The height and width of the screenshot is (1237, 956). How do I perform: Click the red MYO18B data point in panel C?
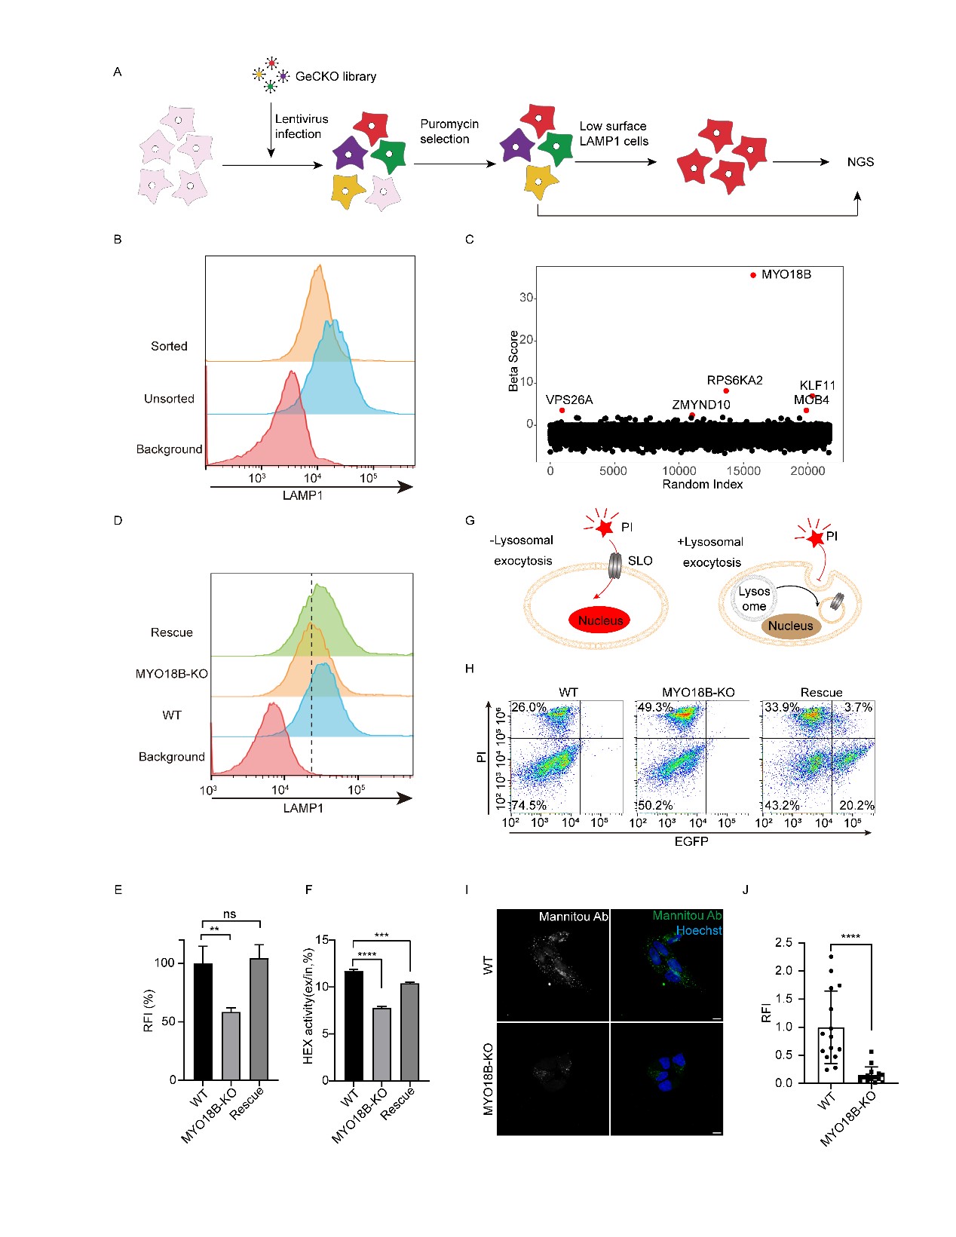753,275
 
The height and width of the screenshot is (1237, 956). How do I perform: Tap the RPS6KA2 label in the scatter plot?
734,380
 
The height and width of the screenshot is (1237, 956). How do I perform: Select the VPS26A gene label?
569,400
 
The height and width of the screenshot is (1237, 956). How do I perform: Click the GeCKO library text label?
336,76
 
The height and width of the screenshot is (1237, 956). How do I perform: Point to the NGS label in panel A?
860,162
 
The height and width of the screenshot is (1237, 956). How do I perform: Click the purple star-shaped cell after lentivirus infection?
350,154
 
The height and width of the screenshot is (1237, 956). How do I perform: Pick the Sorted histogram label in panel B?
169,346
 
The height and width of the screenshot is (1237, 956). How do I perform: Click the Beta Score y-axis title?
514,361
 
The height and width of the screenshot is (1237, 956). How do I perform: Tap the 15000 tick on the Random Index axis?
743,471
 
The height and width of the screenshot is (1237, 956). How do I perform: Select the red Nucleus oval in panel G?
601,620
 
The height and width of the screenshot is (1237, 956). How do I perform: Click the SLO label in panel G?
640,560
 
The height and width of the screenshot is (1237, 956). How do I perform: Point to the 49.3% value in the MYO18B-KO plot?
655,707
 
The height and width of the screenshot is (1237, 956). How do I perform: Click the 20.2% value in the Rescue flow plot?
856,805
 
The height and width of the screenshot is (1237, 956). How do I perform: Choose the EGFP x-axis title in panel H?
691,841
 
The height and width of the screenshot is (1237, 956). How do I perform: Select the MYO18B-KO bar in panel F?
381,1044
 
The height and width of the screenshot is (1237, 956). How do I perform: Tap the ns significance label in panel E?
229,914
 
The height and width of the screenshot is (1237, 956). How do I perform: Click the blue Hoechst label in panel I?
699,930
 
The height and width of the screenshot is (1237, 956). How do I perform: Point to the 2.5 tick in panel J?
783,942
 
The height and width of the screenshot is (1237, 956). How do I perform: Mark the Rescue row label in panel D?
172,632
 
